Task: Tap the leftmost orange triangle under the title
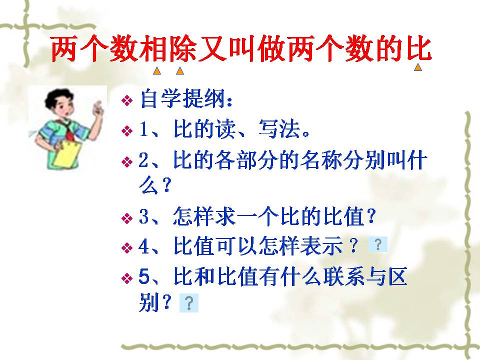[x=156, y=71]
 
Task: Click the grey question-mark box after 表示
[x=377, y=244]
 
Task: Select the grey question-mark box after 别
[x=189, y=303]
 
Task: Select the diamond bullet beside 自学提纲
[x=127, y=100]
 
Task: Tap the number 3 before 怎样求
[x=143, y=218]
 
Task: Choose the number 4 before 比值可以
[x=143, y=246]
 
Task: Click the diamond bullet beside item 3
[x=127, y=219]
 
